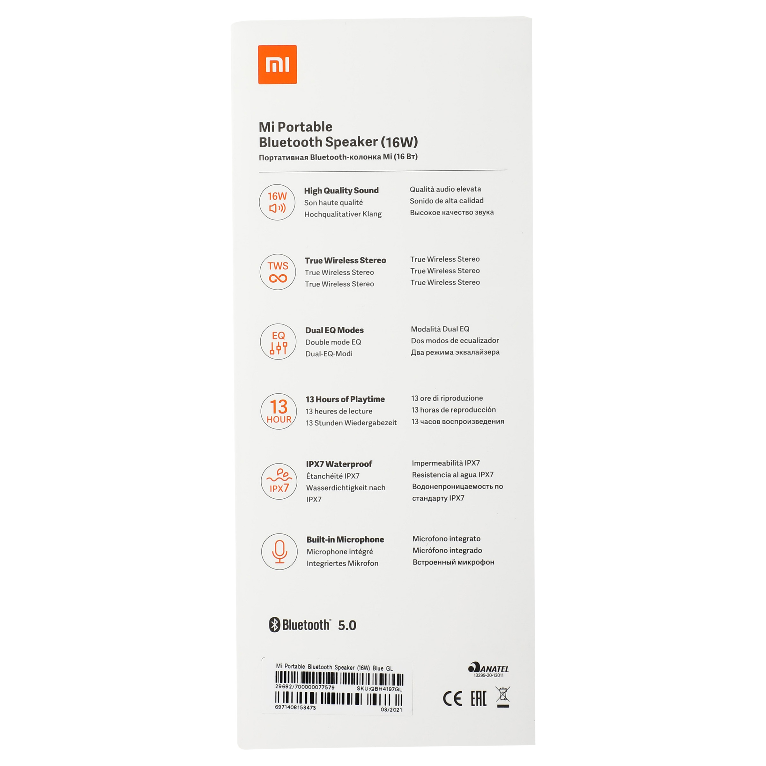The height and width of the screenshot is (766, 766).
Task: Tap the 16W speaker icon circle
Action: click(x=277, y=202)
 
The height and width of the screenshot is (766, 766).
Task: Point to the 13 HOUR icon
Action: click(x=279, y=412)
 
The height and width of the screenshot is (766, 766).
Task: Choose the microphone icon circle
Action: click(x=279, y=552)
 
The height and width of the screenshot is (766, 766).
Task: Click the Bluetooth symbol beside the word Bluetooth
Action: click(x=274, y=625)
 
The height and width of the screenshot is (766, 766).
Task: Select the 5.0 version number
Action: click(x=347, y=625)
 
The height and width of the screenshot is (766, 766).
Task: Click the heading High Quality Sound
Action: click(x=341, y=191)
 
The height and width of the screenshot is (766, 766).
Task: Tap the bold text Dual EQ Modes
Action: click(x=334, y=330)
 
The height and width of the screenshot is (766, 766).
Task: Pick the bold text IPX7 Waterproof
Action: click(x=339, y=464)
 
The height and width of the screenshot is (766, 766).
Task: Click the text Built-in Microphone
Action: click(x=345, y=539)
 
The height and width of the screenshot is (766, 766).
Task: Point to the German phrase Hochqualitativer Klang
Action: click(x=343, y=214)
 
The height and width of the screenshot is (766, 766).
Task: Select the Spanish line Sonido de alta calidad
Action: click(x=446, y=201)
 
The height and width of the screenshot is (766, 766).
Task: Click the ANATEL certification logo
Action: click(x=488, y=669)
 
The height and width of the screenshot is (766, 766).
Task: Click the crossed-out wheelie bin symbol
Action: click(x=503, y=697)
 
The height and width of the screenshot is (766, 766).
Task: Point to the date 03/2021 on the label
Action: click(x=391, y=710)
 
